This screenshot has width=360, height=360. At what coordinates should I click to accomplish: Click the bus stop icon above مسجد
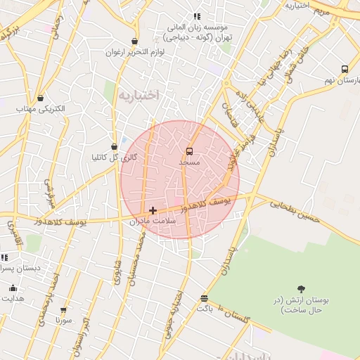point(189,151)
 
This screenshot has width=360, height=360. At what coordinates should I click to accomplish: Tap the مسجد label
point(189,162)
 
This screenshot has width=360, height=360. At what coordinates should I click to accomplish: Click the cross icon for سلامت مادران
point(153,210)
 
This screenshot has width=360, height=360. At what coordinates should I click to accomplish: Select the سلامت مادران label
point(153,221)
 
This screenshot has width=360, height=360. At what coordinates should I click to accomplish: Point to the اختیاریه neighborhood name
point(139,94)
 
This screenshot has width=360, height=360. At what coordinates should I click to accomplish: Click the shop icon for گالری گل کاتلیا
point(114,146)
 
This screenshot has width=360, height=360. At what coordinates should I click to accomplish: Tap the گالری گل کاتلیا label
point(114,157)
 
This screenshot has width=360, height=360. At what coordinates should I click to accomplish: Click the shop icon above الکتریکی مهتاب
point(40,98)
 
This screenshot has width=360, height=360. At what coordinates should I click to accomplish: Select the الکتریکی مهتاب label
point(40,109)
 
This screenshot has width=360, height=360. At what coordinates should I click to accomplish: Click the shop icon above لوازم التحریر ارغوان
point(134,41)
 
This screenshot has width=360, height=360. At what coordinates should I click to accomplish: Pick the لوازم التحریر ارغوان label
point(135,53)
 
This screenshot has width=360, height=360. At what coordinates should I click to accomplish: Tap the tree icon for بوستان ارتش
point(302,288)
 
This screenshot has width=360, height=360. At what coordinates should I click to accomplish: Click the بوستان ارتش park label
point(302,304)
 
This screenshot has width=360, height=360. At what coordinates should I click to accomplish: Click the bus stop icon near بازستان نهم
point(345,69)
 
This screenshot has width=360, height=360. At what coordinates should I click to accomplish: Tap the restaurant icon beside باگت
point(204,298)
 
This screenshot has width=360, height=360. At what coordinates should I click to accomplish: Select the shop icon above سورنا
point(64,309)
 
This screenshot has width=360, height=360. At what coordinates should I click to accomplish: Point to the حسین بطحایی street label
point(295,206)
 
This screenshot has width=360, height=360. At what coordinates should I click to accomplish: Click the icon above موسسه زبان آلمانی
point(197,16)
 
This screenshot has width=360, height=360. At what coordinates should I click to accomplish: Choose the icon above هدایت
point(13,288)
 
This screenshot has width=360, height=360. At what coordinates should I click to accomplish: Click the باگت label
point(204,309)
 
